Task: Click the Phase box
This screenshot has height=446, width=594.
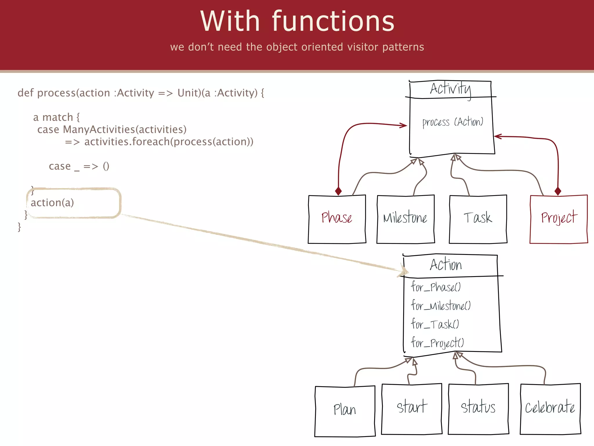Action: tap(337, 219)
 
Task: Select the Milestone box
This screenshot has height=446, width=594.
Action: tap(405, 219)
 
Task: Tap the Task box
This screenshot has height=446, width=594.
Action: tap(478, 219)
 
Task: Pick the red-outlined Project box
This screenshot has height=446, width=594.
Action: tap(559, 219)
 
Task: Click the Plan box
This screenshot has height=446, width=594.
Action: tap(345, 411)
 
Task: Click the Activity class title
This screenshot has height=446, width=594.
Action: tap(450, 89)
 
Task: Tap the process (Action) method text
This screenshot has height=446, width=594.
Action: tap(453, 122)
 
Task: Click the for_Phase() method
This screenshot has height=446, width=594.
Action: tap(436, 287)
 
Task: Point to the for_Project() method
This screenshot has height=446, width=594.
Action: tap(437, 343)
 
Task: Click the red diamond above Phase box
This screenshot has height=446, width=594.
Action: tap(338, 191)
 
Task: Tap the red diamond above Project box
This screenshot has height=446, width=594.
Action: tap(558, 191)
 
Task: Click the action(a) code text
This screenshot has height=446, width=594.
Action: tap(52, 203)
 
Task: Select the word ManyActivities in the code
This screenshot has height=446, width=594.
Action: tap(99, 130)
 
